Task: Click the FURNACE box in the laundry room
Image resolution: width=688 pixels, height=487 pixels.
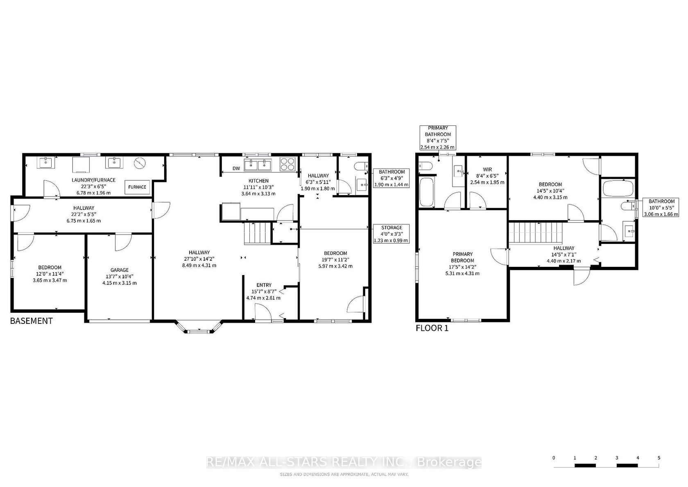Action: pos(137,187)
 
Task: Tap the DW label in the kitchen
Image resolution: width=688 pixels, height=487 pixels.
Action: pos(236,168)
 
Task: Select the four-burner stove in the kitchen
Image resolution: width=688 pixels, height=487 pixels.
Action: pos(287,164)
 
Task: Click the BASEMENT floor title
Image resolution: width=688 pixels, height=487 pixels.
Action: pos(31,321)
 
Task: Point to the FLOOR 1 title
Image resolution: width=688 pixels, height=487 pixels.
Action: pos(432,328)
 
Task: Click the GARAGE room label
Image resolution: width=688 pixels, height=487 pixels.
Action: pos(120,270)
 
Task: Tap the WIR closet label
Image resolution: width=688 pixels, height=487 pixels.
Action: pos(487,169)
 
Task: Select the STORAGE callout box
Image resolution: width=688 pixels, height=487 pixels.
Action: pos(391,234)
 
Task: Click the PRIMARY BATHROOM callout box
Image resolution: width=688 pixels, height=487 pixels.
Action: pos(438,138)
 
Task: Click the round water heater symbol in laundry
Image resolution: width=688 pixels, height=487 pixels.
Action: pos(140,163)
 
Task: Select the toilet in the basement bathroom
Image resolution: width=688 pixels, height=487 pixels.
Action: pos(360,166)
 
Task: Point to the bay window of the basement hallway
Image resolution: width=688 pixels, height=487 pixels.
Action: pos(199,327)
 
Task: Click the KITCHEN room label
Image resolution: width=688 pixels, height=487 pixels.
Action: pos(258,181)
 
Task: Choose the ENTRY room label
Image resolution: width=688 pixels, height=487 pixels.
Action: pos(264,285)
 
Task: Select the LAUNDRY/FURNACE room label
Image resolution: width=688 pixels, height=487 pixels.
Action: pos(94,180)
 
